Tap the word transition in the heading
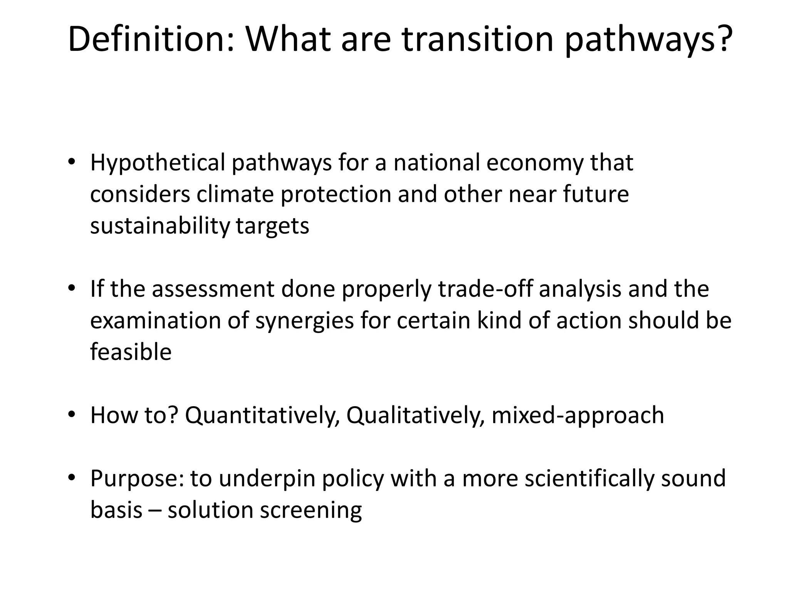(478, 40)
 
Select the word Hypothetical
(157, 163)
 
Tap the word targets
(272, 226)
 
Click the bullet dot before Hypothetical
(71, 162)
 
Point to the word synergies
(304, 321)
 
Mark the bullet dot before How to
(71, 415)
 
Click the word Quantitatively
(262, 415)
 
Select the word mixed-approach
(578, 415)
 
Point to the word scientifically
(589, 479)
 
